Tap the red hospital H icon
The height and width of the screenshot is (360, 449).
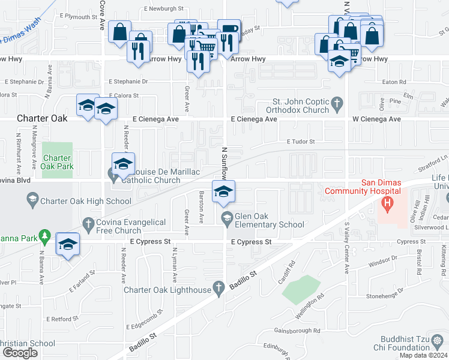[x=388, y=205]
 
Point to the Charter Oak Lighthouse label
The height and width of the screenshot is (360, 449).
[x=167, y=290]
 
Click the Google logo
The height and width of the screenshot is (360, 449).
[x=20, y=353]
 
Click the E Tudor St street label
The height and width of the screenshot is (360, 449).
[x=300, y=142]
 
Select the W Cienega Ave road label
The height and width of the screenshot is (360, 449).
[x=376, y=119]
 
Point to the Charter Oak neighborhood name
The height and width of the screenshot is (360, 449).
[x=41, y=119]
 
